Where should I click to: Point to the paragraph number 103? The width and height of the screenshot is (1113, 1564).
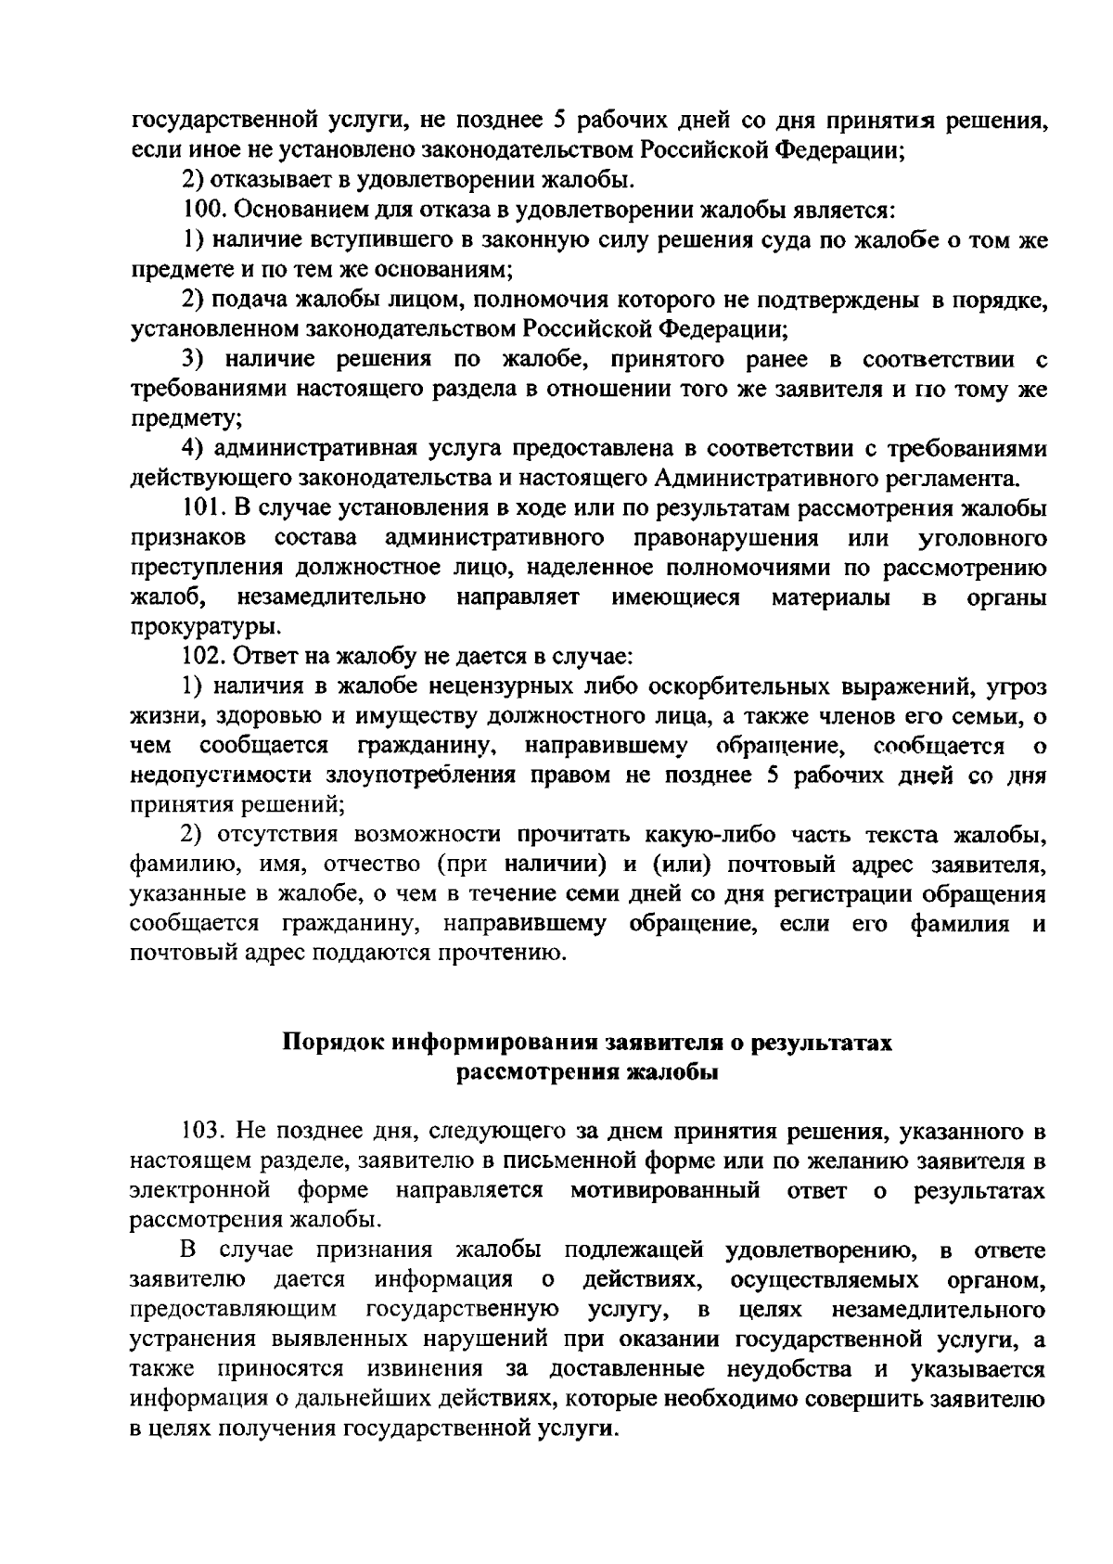point(201,1131)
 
